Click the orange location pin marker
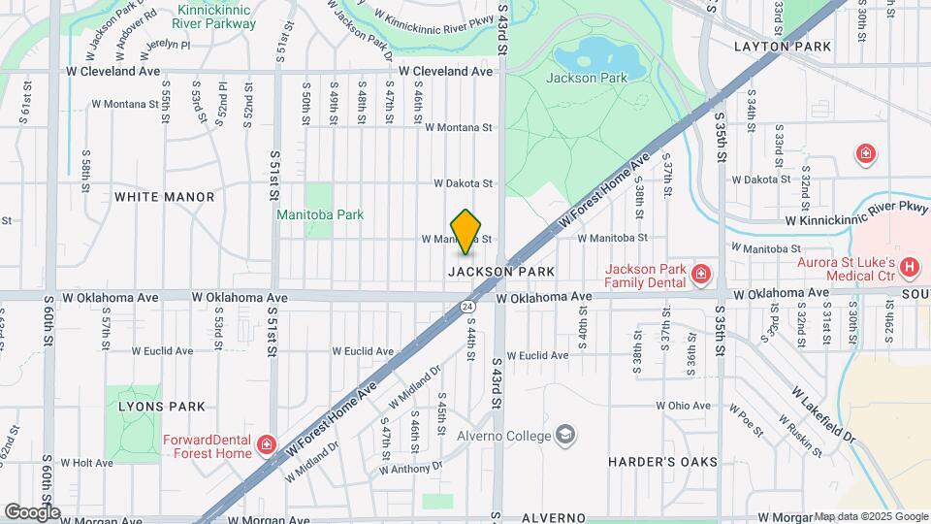pos(466,231)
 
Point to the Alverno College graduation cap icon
pos(566,434)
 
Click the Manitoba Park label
pos(320,214)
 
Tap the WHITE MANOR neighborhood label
pos(164,197)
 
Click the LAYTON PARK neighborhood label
pos(783,46)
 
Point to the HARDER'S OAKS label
pos(663,461)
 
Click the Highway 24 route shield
pos(468,306)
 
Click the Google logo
pos(32,511)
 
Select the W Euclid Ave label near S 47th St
pos(363,351)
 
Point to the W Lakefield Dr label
pos(825,417)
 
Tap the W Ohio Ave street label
pos(685,406)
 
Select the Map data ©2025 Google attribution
pos(870,516)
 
